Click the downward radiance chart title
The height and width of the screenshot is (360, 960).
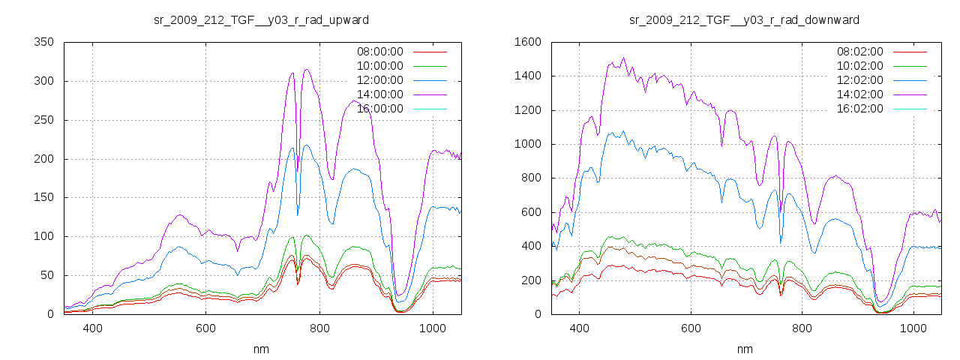[x=744, y=19]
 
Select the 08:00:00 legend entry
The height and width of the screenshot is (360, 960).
[x=379, y=52]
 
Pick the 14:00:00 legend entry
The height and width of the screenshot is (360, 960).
[x=379, y=94]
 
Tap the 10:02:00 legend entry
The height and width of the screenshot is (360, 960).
[x=859, y=66]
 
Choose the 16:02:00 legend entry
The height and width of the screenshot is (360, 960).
[x=859, y=109]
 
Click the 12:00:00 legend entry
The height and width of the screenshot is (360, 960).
[x=379, y=80]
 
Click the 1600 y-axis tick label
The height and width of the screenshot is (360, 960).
[x=528, y=42]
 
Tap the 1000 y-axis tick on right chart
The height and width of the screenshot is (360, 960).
[x=528, y=144]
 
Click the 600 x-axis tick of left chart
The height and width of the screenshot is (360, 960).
[x=206, y=328]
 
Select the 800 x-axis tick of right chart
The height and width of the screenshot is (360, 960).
[x=802, y=328]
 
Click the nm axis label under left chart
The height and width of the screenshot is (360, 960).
[x=261, y=349]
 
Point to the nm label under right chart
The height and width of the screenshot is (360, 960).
[x=744, y=349]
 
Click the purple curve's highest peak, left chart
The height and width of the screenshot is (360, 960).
[x=306, y=70]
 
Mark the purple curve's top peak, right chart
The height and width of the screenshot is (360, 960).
[x=623, y=58]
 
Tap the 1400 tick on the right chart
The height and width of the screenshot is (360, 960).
[x=528, y=76]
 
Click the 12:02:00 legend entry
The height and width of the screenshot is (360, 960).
[x=859, y=80]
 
